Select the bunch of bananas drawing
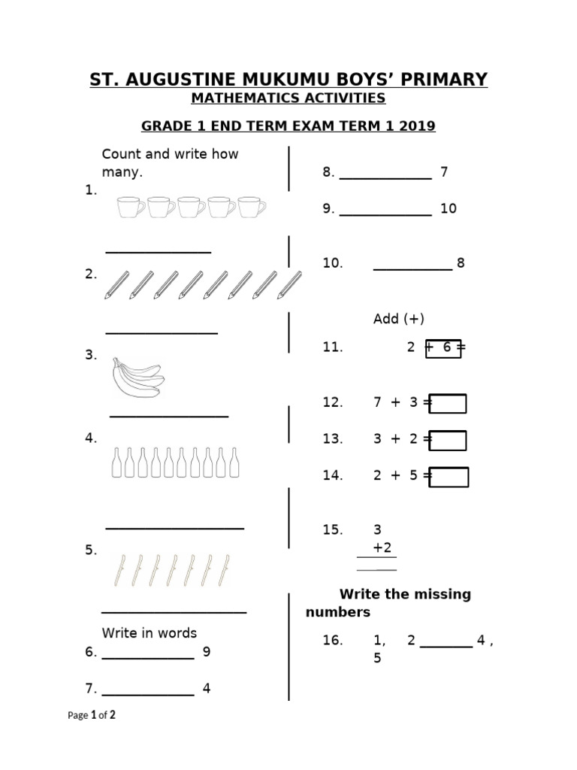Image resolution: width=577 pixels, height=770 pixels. [137, 377]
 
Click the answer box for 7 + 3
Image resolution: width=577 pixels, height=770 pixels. [449, 404]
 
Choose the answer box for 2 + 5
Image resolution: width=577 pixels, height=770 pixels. [450, 477]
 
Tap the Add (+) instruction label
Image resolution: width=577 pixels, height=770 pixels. [399, 319]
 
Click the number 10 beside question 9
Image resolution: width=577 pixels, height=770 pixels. [449, 208]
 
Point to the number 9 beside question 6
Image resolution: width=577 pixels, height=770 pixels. [207, 652]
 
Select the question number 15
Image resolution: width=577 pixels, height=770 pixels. [333, 530]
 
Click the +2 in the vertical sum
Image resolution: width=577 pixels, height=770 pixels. [382, 547]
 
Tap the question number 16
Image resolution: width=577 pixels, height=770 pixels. [333, 641]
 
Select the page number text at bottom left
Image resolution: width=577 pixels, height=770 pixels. [92, 716]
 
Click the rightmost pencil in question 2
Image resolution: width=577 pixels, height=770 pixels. [289, 284]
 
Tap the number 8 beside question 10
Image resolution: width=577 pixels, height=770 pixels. [461, 263]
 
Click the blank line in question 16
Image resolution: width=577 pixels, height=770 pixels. [446, 645]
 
